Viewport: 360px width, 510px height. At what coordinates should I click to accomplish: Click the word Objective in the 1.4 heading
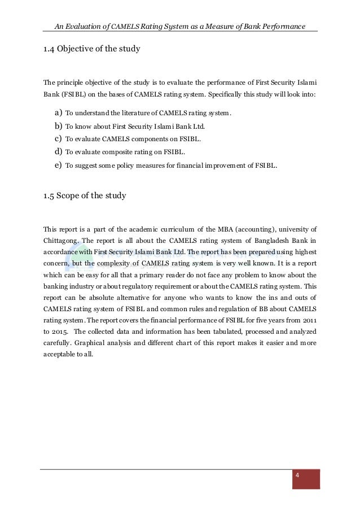(x=76, y=49)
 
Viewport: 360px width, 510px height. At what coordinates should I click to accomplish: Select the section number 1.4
(x=49, y=49)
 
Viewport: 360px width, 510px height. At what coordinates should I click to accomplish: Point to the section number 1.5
(x=49, y=196)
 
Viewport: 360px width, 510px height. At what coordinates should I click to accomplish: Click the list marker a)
(x=58, y=113)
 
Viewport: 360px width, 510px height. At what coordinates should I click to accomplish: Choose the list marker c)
(x=58, y=138)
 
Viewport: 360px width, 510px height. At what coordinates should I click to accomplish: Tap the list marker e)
(x=58, y=165)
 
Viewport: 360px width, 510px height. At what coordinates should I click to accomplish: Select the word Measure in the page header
(x=221, y=26)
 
